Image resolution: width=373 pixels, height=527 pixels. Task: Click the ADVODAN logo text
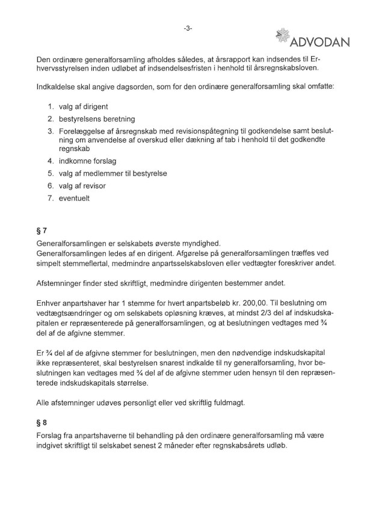click(321, 42)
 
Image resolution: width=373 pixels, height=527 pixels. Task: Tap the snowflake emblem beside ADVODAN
click(282, 35)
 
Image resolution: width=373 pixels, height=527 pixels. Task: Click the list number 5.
click(51, 173)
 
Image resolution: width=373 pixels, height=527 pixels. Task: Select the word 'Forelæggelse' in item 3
click(84, 131)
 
